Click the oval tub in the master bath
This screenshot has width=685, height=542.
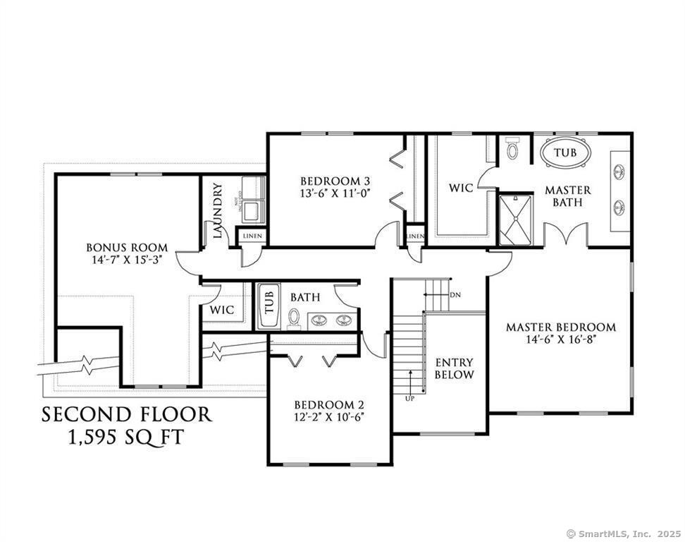coord(564,153)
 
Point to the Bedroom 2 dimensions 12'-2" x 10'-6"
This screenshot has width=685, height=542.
coord(328,416)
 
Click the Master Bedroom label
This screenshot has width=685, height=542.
coord(561,327)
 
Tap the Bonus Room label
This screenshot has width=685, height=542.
coord(127,247)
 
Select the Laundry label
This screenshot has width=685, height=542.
coord(217,211)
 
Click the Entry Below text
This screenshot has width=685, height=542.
coord(454,368)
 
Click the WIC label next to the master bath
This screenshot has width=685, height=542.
coord(461,188)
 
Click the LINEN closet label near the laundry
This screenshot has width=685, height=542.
coord(251,236)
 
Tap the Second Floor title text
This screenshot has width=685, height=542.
coord(127,414)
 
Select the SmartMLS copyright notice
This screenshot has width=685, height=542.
coord(623,534)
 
